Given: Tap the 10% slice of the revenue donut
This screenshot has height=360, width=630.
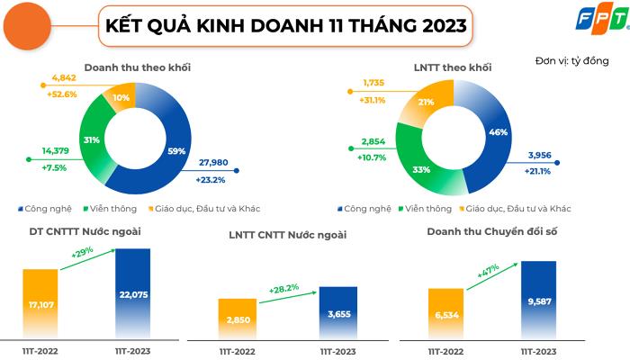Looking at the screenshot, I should pyautogui.click(x=120, y=97).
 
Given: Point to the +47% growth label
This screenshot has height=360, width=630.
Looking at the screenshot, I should pyautogui.click(x=487, y=267).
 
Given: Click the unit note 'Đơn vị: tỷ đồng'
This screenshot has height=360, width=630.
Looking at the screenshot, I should pyautogui.click(x=571, y=61).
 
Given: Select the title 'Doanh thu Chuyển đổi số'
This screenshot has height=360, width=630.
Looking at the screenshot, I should pyautogui.click(x=491, y=232).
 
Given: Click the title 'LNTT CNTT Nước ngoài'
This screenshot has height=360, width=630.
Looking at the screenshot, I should pyautogui.click(x=287, y=235).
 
